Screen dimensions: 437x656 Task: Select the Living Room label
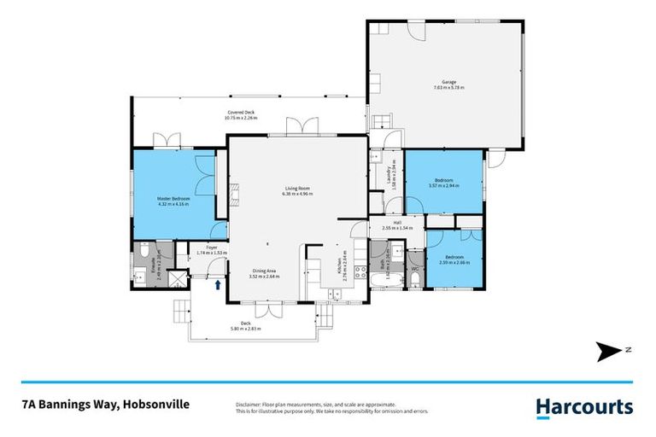point(297,189)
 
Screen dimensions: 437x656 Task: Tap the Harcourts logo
point(584,407)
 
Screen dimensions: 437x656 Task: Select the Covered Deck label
point(240,113)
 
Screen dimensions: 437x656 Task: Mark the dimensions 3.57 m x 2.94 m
point(445,185)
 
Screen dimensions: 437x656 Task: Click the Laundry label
point(389,175)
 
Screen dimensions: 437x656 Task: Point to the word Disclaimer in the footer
point(248,404)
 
